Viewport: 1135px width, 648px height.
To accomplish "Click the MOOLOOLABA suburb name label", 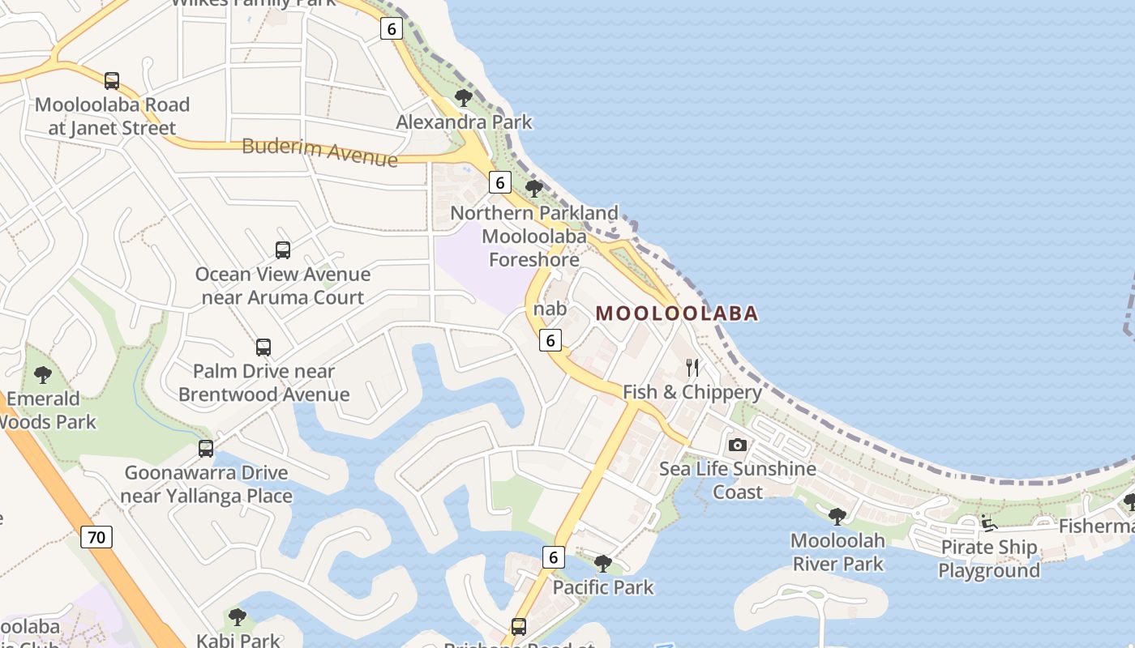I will (x=677, y=313).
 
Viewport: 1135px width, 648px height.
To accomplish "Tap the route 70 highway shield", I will (x=96, y=536).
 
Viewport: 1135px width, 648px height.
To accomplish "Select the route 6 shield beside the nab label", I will (x=550, y=341).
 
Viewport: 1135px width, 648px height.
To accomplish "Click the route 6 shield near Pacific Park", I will (x=553, y=557).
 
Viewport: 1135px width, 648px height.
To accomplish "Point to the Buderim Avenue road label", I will (x=319, y=151).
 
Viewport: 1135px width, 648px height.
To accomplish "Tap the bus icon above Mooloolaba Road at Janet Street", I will (x=112, y=81).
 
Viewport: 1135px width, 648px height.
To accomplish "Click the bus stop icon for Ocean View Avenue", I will (x=283, y=250).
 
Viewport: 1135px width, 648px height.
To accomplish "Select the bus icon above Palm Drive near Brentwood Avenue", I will (x=263, y=347).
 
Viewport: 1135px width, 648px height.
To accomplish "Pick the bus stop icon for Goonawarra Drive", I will (x=206, y=449).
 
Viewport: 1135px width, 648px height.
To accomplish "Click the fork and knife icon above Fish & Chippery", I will (x=692, y=368).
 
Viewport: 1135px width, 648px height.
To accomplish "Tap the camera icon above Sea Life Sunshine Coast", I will (x=737, y=445).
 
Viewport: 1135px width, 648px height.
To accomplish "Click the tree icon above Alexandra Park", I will (x=464, y=98).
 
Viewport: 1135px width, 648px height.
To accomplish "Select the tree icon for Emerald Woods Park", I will (x=43, y=375).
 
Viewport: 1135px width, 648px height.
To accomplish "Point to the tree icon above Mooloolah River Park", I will (x=837, y=516).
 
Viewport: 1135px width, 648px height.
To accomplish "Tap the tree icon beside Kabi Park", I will (x=238, y=617).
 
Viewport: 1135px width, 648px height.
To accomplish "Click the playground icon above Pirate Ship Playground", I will (x=988, y=523).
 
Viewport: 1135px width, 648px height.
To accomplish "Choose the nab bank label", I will (x=550, y=309).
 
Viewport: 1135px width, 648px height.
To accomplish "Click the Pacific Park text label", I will (x=603, y=587).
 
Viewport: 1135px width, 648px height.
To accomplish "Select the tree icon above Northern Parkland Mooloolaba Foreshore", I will (x=533, y=190).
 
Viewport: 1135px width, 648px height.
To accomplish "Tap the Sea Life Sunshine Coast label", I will (x=738, y=480).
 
